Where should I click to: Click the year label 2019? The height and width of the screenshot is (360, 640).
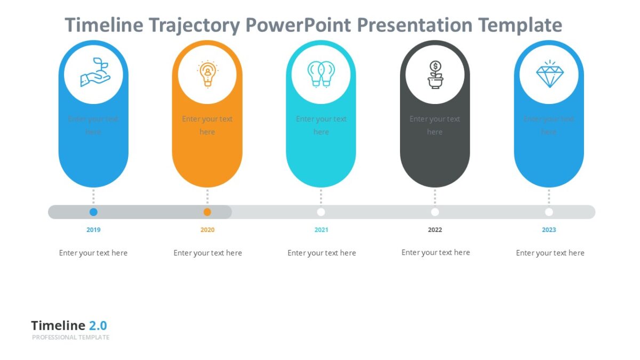[x=93, y=230]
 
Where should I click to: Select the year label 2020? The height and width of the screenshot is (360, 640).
[x=207, y=230]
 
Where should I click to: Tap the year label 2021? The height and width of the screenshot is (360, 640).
[x=321, y=230]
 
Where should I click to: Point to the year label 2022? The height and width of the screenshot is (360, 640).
[x=435, y=230]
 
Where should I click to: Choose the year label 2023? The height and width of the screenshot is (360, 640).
[x=549, y=230]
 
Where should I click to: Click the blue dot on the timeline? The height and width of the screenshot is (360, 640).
[x=93, y=212]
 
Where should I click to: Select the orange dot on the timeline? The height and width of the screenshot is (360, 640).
[x=207, y=212]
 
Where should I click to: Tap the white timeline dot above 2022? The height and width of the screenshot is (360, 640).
[x=435, y=212]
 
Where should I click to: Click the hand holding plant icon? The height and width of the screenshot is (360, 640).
[x=94, y=73]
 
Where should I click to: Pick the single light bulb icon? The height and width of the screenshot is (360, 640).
[x=207, y=74]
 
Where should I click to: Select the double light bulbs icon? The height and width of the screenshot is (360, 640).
[x=321, y=74]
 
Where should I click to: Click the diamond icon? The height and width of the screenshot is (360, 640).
[x=549, y=75]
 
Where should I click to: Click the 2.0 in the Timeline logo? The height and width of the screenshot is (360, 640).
[x=98, y=326]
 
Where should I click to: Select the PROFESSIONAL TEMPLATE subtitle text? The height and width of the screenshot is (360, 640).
[x=70, y=338]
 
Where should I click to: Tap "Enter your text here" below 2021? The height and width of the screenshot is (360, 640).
[x=322, y=253]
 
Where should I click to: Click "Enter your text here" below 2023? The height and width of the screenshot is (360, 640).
[x=550, y=253]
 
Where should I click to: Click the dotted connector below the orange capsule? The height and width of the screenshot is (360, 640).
[x=207, y=196]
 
